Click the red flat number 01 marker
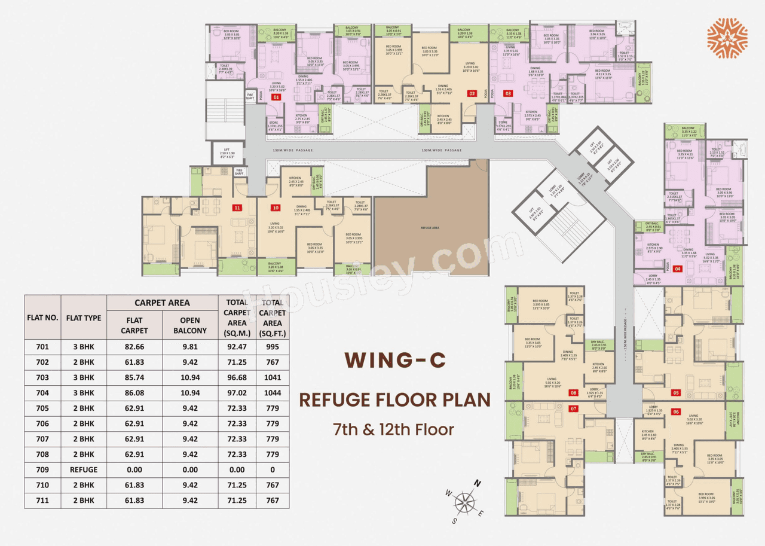pos(276,96)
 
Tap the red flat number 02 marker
pos(472,93)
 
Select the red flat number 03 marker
pos(508,93)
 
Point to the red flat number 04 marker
pos(678,269)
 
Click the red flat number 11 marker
pos(237,208)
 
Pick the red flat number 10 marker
pos(275,208)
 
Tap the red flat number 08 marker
pos(573,393)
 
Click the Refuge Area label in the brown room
pos(430,228)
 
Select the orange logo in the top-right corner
pos(727,37)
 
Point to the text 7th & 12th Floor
pos(394,429)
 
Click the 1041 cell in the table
pos(273,377)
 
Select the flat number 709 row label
pos(42,469)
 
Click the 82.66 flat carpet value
pos(134,347)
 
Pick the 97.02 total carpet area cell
pos(237,393)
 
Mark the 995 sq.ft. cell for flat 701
pos(273,347)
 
